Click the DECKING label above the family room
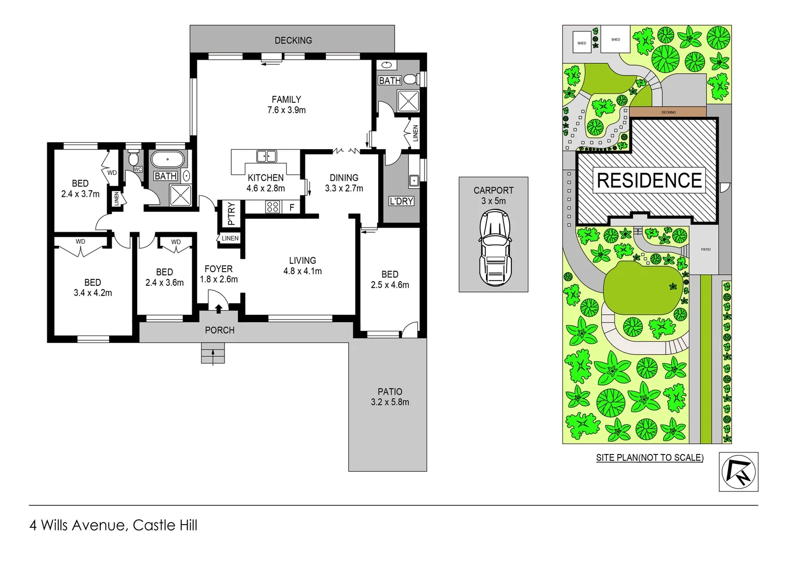(293, 41)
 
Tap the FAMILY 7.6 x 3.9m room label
(286, 104)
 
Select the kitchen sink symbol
(267, 156)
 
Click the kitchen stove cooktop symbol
(273, 207)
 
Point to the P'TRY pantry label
(231, 213)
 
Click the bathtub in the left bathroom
(167, 159)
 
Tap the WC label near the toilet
(138, 169)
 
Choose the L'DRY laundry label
(401, 201)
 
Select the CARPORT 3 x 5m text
(493, 196)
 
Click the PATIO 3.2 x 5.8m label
(390, 397)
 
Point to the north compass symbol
(738, 472)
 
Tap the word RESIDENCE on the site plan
(649, 181)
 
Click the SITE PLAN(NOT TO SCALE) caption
(650, 458)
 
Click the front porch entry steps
(213, 355)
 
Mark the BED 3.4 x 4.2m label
(92, 287)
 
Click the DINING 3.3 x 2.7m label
(344, 183)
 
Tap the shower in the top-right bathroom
(408, 100)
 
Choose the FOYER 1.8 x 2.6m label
(219, 274)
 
